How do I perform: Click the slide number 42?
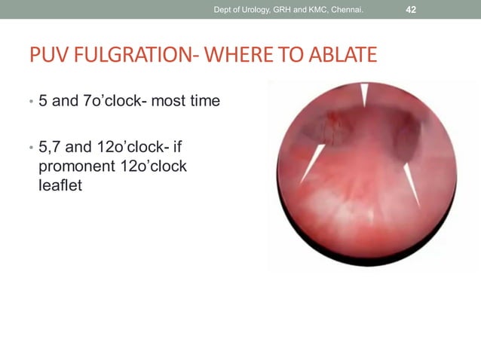412,9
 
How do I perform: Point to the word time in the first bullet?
206,100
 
